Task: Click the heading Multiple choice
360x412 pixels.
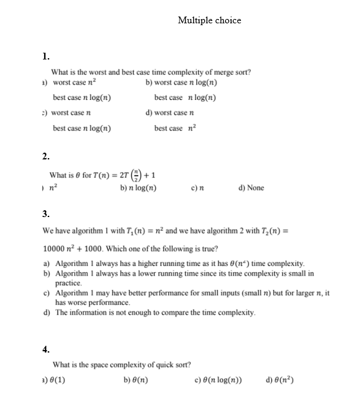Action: [209, 20]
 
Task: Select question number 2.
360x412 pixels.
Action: [46, 156]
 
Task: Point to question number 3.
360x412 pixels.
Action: [46, 213]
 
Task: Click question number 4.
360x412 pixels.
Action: [46, 349]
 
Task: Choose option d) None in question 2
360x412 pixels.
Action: [251, 188]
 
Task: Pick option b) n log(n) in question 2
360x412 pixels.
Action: [139, 188]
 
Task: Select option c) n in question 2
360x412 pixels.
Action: [197, 188]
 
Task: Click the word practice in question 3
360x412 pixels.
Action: [68, 283]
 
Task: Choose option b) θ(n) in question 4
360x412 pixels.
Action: [136, 380]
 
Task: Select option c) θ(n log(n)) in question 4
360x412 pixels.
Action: [217, 380]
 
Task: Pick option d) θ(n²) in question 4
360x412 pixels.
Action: [280, 380]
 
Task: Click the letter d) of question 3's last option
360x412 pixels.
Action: [47, 313]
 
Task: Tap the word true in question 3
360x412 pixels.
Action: [209, 249]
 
